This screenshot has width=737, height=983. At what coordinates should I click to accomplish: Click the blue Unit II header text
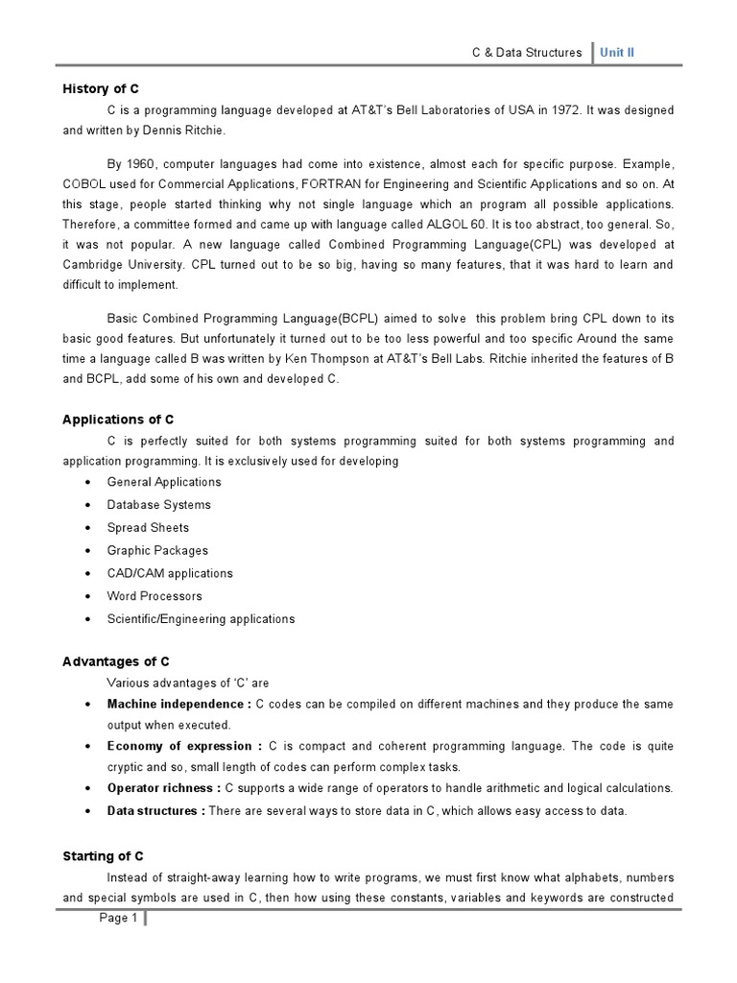tap(617, 52)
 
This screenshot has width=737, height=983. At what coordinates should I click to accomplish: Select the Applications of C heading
tap(118, 420)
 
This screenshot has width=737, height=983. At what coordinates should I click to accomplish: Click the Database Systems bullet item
tap(158, 504)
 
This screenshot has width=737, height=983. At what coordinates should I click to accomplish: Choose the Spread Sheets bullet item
tap(148, 527)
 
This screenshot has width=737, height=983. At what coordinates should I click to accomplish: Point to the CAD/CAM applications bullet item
tap(170, 573)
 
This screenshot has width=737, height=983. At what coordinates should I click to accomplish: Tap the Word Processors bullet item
tap(155, 596)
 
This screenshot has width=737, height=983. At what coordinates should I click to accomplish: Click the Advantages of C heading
tap(116, 661)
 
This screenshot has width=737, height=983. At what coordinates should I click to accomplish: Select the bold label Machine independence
tap(178, 704)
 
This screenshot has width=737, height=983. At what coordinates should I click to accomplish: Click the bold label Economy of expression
tap(184, 746)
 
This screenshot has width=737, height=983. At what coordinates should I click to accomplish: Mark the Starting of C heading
tap(103, 855)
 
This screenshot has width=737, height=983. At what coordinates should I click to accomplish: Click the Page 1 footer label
tap(119, 918)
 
